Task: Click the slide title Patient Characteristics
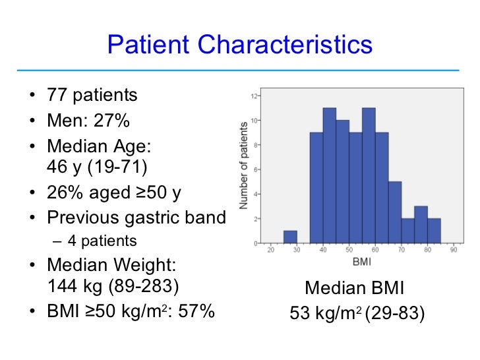pyautogui.click(x=239, y=45)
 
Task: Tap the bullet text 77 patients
pyautogui.click(x=92, y=95)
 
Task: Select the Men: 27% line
pyautogui.click(x=88, y=121)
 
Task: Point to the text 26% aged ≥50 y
pyautogui.click(x=114, y=193)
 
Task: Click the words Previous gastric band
pyautogui.click(x=136, y=218)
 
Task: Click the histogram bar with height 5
pyautogui.click(x=394, y=212)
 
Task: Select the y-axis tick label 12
pyautogui.click(x=255, y=96)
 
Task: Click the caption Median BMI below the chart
pyautogui.click(x=353, y=288)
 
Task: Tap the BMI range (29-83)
pyautogui.click(x=394, y=314)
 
